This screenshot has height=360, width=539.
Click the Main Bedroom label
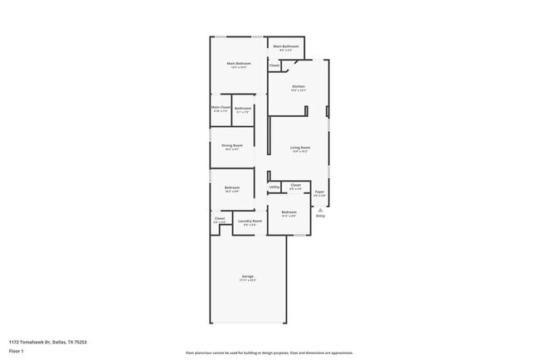point(239,64)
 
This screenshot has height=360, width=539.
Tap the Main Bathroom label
point(286,46)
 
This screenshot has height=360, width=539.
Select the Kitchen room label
point(299,87)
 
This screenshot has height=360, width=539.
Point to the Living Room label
point(299,148)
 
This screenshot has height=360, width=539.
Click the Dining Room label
point(231,145)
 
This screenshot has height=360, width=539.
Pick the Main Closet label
point(221,107)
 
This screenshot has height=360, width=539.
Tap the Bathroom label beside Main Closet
point(242,108)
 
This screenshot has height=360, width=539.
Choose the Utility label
point(274,187)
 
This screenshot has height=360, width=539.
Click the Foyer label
point(319,192)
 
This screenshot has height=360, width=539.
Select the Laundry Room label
point(250,221)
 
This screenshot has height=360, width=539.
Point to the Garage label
point(247,275)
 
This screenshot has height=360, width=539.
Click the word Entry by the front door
point(320,216)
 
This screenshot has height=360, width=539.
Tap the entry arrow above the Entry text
point(320,210)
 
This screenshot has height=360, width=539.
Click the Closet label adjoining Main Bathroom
point(274,65)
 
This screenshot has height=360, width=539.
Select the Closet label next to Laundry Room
point(220,218)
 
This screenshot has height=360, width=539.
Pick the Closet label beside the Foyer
point(295,185)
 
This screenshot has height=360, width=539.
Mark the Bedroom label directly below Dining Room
point(231,187)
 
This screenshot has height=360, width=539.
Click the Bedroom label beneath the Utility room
point(289,212)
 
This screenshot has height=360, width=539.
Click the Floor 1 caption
point(16,351)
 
